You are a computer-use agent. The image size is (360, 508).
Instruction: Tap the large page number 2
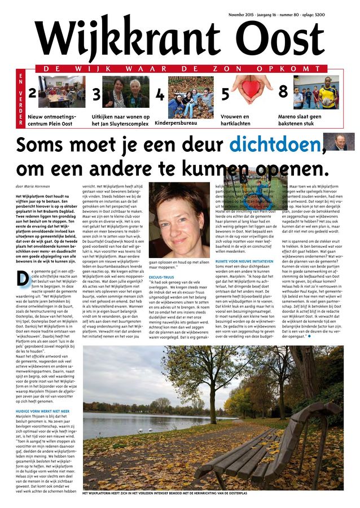32,93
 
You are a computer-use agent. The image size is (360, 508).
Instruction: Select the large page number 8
283,92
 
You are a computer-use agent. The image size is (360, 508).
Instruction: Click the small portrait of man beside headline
343,142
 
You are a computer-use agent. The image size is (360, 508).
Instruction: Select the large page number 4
160,95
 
